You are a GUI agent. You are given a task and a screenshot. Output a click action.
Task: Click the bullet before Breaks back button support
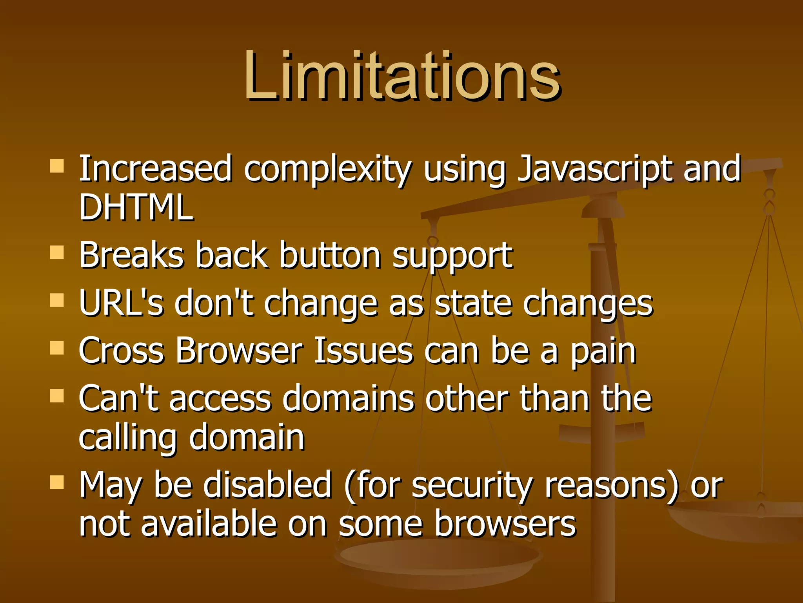click(57, 252)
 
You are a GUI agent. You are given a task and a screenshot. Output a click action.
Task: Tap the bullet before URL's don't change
click(57, 300)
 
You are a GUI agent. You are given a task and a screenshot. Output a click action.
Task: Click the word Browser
click(239, 350)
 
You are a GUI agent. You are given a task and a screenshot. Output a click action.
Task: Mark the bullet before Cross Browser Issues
click(57, 348)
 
